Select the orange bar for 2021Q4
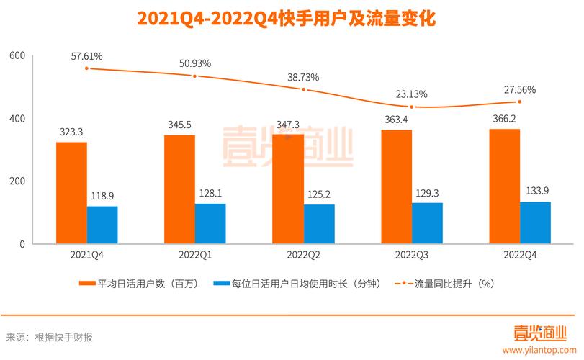[71, 193]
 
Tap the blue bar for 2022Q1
[210, 224]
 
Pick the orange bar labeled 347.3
[288, 189]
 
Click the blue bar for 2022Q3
[426, 223]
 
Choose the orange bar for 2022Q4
[504, 186]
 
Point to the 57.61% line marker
[87, 68]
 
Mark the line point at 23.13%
[412, 107]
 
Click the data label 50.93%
[195, 63]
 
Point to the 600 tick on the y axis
[17, 56]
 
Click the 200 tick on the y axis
[17, 181]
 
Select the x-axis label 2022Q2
[303, 255]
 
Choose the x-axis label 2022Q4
[520, 255]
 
